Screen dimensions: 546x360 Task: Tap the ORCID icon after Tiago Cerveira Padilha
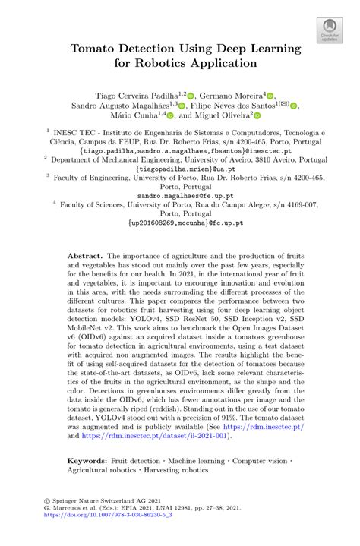click(191, 95)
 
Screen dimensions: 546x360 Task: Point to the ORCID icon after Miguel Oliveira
click(257, 117)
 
